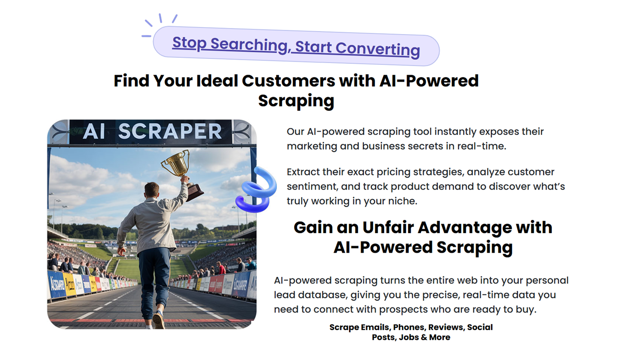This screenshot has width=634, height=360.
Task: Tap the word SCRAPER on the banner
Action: coord(170,131)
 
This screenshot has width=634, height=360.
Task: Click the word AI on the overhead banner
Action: coord(94,131)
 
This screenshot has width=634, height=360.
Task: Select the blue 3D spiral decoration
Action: coord(256,190)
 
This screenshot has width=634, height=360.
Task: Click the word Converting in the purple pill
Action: coord(378,49)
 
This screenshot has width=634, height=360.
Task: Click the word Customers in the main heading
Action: coord(289,81)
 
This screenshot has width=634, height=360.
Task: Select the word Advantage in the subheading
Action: coord(465,228)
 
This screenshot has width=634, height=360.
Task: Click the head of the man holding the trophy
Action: coord(151,191)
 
